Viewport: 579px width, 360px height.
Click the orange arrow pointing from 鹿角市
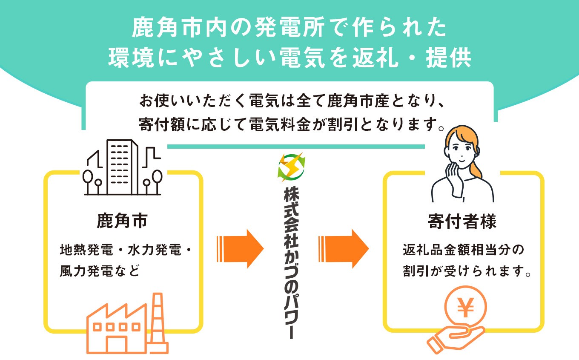[241, 249]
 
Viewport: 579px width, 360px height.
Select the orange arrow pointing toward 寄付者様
[343, 249]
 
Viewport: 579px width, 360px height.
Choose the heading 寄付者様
[462, 222]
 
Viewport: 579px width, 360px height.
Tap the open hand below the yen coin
[453, 338]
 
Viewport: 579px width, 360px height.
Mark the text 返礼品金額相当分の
[462, 250]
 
